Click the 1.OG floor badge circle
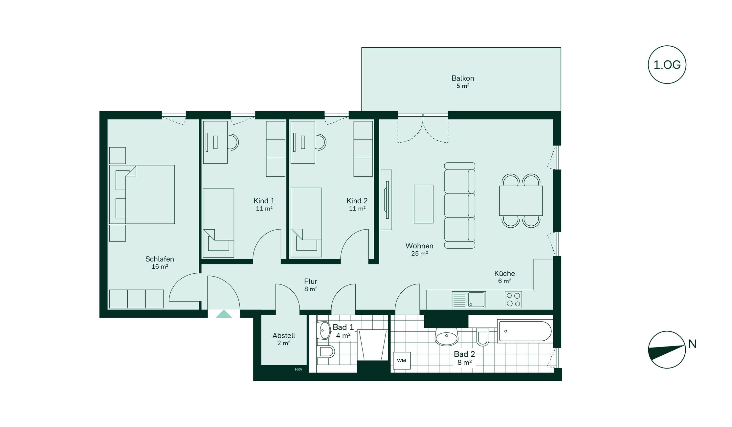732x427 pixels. coord(667,46)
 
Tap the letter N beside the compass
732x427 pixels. coord(692,344)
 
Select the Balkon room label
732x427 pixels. coord(463,78)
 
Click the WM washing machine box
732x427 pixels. coord(402,360)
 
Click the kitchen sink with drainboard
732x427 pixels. coord(469,300)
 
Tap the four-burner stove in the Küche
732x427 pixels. coord(513,300)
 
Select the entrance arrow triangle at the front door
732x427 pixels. coord(224,314)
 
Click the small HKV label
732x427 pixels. coord(299,370)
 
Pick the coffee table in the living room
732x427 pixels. coord(424,204)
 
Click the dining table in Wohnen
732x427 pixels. coord(521,201)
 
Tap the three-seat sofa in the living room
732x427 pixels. coord(460,205)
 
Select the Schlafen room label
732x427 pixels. coord(160,259)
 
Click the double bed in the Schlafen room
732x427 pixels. coord(142,194)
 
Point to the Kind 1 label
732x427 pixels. coord(264,201)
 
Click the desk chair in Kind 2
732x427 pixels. coord(321,142)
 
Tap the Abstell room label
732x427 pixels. coord(284,335)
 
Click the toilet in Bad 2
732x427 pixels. coord(483,337)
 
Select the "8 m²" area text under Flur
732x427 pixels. coord(311,289)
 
